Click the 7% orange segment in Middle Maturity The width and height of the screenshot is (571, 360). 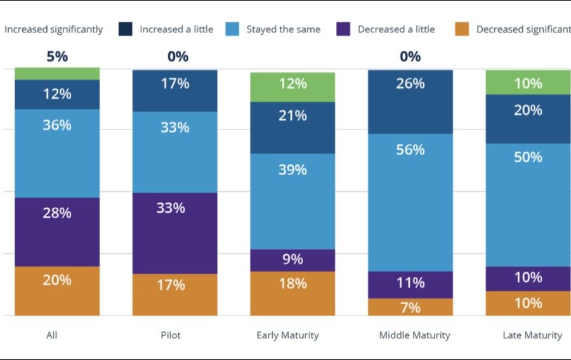[410, 307]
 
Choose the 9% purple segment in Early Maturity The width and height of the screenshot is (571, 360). [292, 260]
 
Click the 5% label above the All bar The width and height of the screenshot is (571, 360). [57, 57]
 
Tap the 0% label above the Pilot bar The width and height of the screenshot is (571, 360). [178, 57]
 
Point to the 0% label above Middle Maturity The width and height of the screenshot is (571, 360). [410, 57]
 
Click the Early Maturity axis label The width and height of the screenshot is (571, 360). [287, 335]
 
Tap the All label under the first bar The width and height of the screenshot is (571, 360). [52, 335]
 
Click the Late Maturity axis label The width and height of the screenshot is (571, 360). [532, 335]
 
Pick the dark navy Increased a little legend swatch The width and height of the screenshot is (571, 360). [125, 29]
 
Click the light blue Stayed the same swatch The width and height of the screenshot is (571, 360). [232, 29]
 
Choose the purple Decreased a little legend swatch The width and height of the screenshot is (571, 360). [344, 29]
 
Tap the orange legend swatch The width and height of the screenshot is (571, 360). [462, 29]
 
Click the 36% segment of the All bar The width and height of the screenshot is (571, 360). [57, 153]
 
